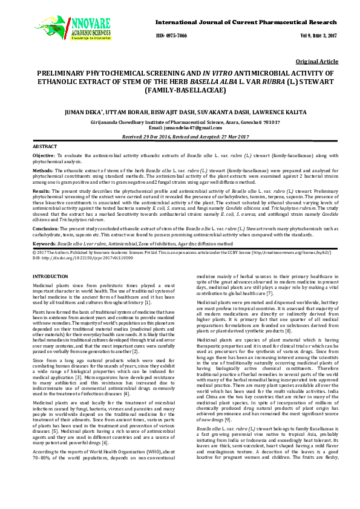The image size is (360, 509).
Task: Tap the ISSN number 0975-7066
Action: point(171,36)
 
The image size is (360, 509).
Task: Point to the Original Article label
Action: point(316,62)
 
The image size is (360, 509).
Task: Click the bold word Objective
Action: point(43,156)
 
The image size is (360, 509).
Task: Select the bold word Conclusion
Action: point(45,229)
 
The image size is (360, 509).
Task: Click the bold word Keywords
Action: point(44,242)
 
